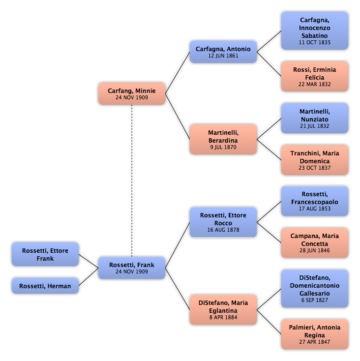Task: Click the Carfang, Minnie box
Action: click(132, 94)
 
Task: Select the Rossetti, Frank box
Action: click(132, 268)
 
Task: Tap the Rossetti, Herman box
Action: click(45, 286)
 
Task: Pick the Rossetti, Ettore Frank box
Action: click(45, 254)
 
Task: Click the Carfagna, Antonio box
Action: click(223, 52)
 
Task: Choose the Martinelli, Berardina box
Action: click(223, 140)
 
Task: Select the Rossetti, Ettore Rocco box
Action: click(223, 222)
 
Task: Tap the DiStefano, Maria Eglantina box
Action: click(223, 310)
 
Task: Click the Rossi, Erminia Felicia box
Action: click(314, 76)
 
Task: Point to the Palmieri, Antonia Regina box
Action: click(314, 334)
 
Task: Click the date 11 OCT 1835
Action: click(314, 42)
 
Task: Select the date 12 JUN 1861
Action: click(223, 56)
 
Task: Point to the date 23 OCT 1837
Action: click(314, 168)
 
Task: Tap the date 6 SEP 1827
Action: click(314, 300)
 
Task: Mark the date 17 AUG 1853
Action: click(314, 209)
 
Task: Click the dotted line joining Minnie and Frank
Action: click(132, 180)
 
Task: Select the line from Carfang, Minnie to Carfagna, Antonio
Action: click(178, 73)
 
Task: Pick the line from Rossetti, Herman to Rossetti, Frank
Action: click(89, 277)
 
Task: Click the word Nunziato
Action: click(314, 120)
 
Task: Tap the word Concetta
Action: click(314, 244)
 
